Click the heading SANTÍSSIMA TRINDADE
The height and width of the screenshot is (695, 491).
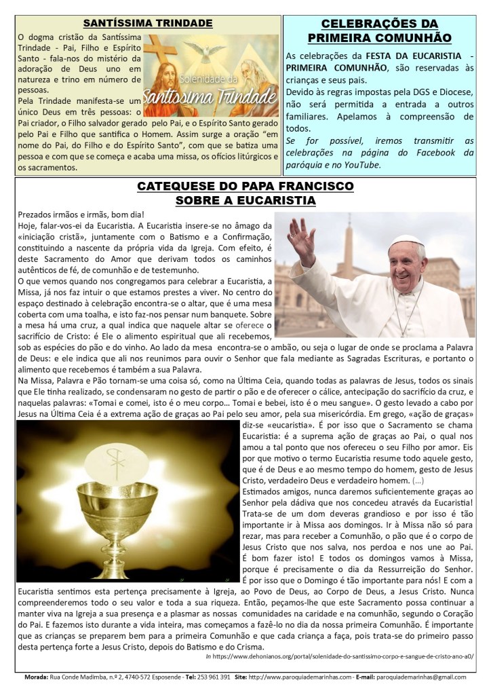148,23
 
